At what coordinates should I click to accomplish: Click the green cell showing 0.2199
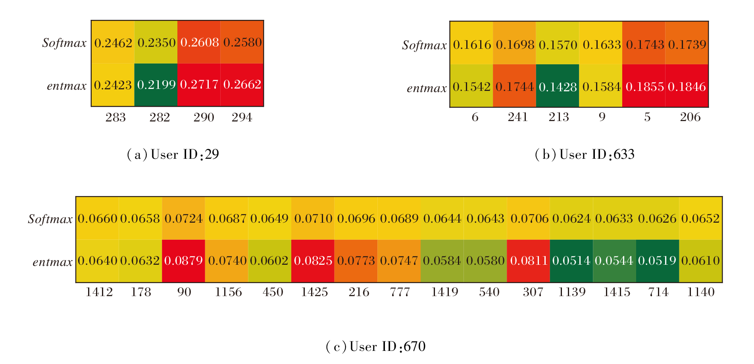[x=156, y=85]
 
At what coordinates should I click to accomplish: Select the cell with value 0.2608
[x=199, y=42]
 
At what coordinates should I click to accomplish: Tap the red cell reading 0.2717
[x=199, y=85]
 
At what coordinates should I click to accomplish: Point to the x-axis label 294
[x=242, y=117]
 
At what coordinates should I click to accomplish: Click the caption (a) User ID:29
[x=173, y=154]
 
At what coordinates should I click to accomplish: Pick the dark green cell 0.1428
[x=558, y=86]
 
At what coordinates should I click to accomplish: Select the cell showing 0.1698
[x=514, y=44]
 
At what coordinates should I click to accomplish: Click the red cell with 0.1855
[x=644, y=86]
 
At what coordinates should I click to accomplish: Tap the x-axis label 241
[x=518, y=117]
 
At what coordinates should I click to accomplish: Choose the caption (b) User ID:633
[x=585, y=154]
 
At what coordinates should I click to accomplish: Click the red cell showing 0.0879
[x=183, y=261]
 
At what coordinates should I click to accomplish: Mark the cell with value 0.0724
[x=183, y=218]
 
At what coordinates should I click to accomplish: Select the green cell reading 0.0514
[x=571, y=261]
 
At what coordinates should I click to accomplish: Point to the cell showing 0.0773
[x=356, y=261]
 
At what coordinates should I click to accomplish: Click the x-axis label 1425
[x=314, y=292]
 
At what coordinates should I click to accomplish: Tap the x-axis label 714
[x=658, y=292]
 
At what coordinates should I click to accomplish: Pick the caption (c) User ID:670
[x=375, y=347]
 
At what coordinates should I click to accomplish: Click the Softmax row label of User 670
[x=50, y=219]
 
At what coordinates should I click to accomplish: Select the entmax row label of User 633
[x=427, y=88]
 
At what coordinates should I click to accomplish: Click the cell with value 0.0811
[x=529, y=261]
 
